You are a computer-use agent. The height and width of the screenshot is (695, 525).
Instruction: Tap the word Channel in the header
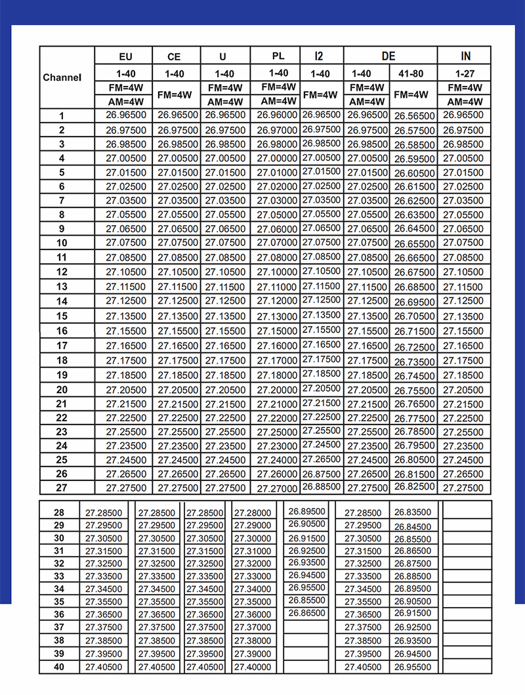coord(62,77)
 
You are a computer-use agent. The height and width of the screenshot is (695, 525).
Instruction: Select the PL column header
coord(278,56)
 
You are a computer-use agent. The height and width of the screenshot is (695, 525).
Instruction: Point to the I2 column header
coord(322,56)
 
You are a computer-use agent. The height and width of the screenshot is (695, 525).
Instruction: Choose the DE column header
coord(389,56)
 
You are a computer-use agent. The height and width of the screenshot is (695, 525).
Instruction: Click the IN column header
coord(465,56)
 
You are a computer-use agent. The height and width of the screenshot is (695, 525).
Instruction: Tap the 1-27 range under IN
coord(465,74)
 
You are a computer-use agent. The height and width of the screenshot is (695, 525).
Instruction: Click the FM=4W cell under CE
coord(175,95)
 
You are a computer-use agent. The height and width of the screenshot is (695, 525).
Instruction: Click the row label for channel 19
coord(62,375)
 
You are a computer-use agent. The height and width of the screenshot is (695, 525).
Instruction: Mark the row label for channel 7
coord(62,200)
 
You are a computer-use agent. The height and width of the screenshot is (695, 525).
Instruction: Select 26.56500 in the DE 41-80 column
coord(414,116)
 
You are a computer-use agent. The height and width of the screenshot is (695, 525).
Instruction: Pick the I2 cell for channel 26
coord(322,473)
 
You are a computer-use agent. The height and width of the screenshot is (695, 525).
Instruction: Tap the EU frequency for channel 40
coord(104,667)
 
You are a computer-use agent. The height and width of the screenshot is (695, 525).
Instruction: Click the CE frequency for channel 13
coord(175,287)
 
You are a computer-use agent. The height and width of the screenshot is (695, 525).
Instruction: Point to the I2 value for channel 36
coord(307,613)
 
